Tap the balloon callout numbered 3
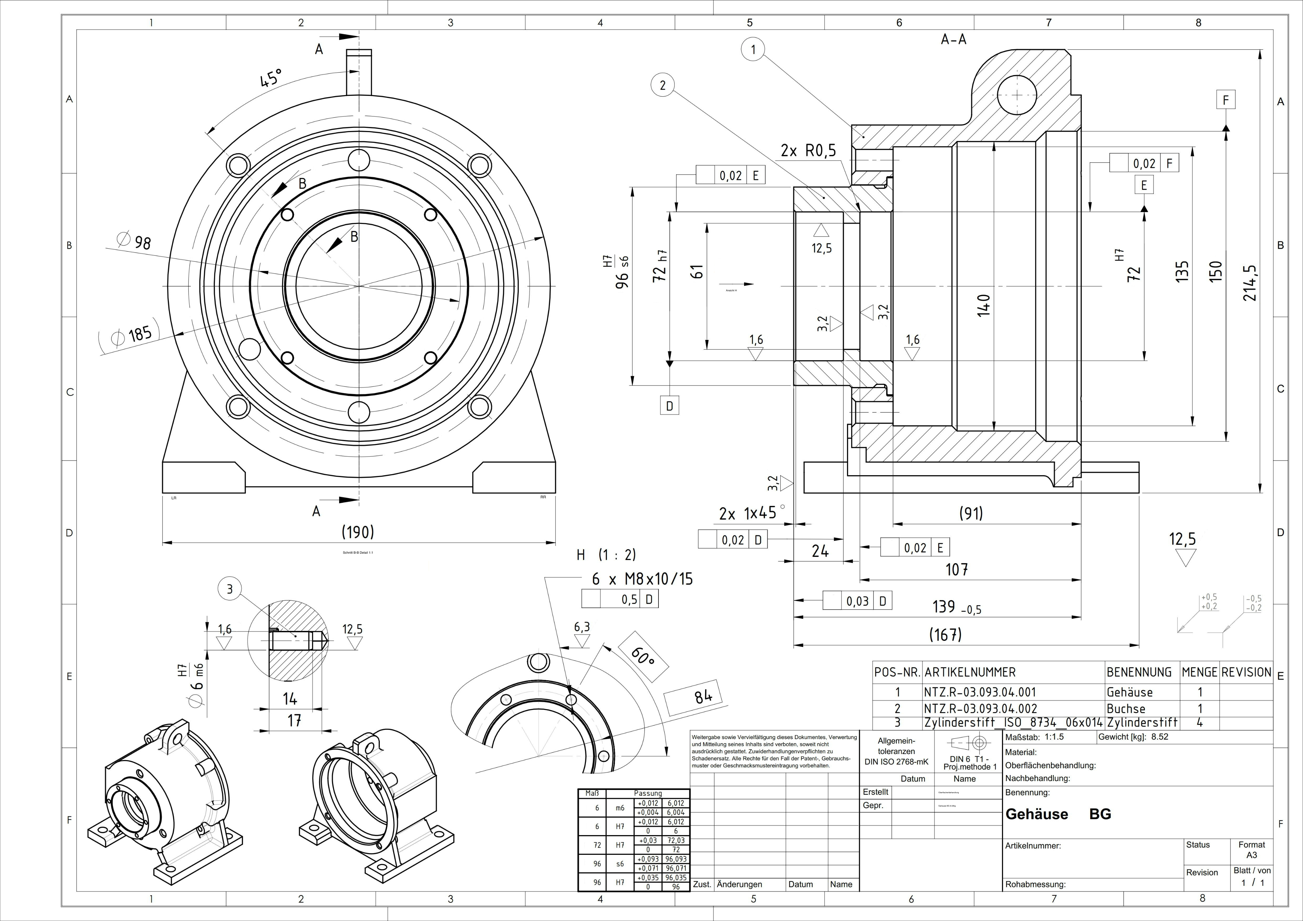coord(230,589)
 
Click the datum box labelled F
coord(1226,100)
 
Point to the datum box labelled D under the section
coord(670,406)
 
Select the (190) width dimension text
coord(358,532)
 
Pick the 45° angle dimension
coord(271,78)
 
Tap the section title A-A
coord(953,39)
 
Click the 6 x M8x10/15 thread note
coord(642,579)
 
